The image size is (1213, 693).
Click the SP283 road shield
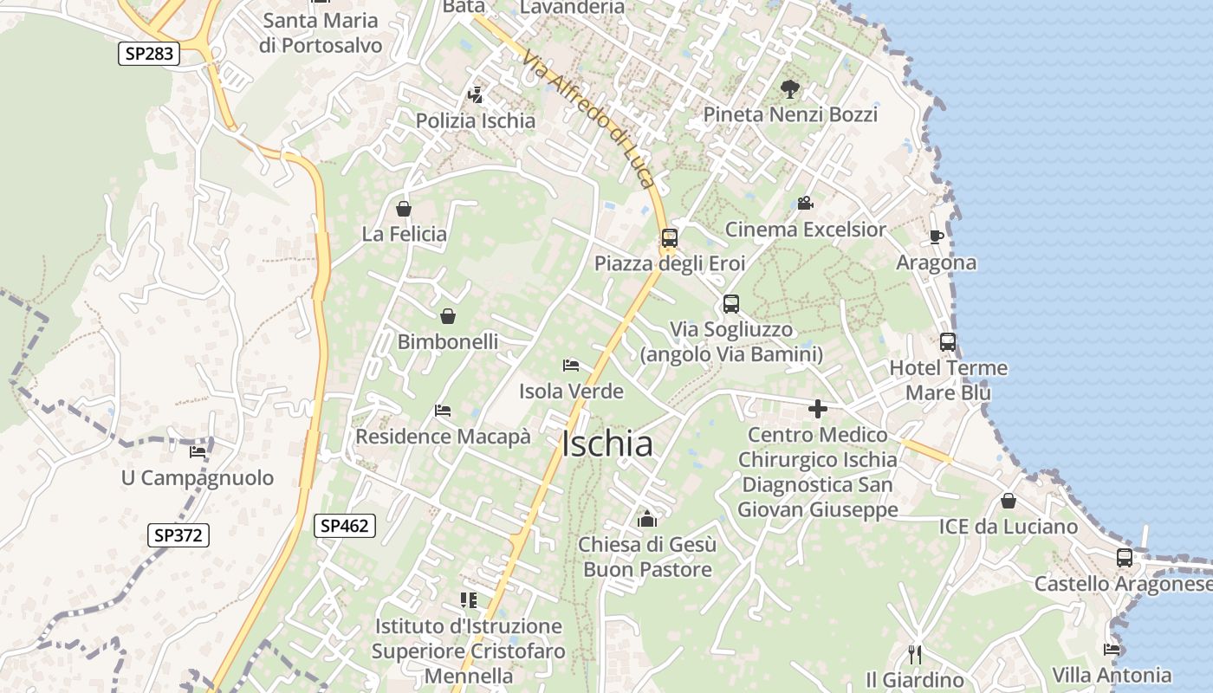[149, 54]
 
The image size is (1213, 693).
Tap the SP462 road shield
[345, 525]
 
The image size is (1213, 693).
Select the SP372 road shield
[178, 535]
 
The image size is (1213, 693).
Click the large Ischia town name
[606, 444]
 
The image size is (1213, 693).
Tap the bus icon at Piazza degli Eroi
[669, 238]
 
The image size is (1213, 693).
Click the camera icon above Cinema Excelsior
[805, 204]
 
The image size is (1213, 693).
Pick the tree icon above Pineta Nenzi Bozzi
[789, 87]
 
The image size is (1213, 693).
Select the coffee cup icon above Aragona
[936, 236]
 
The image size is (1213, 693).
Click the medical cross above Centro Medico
[817, 409]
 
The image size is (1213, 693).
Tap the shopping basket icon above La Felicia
[403, 209]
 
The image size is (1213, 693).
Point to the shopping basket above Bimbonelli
[448, 316]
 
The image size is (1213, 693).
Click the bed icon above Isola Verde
[570, 366]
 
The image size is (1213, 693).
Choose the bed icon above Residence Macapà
[443, 411]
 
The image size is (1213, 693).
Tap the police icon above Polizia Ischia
[475, 94]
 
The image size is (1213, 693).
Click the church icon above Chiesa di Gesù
[646, 519]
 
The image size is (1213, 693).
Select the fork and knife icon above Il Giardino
[914, 654]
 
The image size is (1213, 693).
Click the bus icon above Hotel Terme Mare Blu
[948, 342]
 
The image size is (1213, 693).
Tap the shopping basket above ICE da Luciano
[1009, 501]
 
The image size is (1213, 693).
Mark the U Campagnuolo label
[198, 478]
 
